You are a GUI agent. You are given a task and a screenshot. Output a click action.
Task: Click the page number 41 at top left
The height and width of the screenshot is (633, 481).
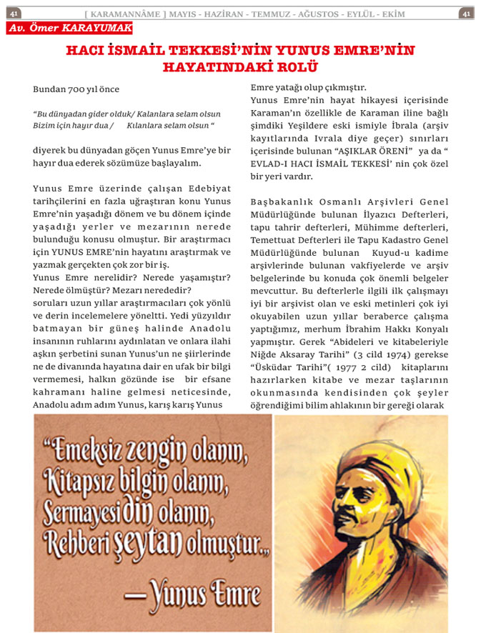pyautogui.click(x=14, y=13)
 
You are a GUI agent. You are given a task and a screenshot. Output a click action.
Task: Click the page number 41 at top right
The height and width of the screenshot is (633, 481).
pyautogui.click(x=465, y=13)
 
